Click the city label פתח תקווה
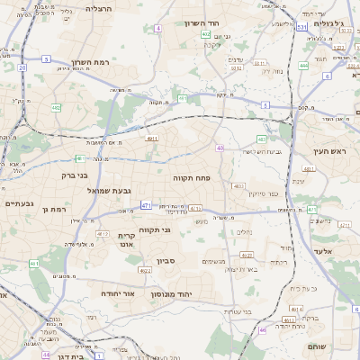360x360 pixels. (x=192, y=179)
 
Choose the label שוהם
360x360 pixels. (x=341, y=346)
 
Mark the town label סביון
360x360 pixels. (x=166, y=261)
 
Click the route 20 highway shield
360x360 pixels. (x=22, y=67)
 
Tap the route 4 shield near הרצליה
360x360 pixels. (x=158, y=29)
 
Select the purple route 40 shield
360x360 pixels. (x=220, y=148)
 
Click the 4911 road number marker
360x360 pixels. (x=152, y=139)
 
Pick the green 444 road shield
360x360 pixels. (x=304, y=65)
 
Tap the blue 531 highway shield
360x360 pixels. (x=302, y=28)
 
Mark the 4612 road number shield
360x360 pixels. (x=145, y=270)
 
